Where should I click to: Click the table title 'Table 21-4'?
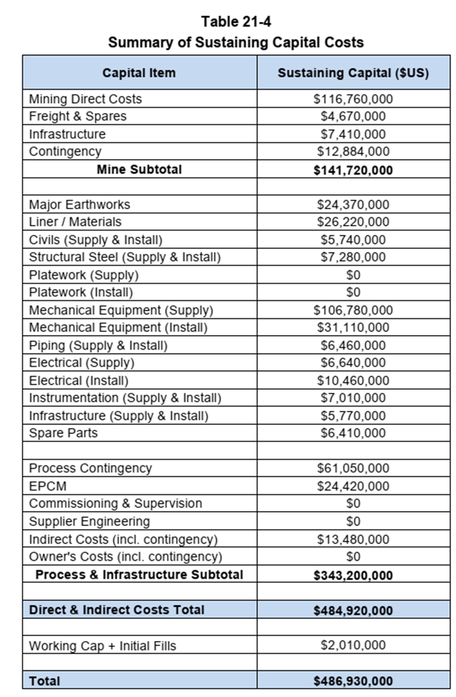[236, 22]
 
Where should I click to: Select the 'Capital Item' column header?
[139, 73]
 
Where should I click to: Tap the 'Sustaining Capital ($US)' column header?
[353, 73]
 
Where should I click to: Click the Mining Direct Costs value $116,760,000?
[353, 99]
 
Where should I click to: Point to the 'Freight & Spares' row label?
[78, 116]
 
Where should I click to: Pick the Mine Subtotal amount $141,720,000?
[353, 170]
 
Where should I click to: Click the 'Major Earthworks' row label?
[79, 204]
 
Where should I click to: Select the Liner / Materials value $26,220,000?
[353, 222]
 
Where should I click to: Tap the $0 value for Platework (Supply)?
[353, 275]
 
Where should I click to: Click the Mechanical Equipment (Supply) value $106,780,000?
[353, 310]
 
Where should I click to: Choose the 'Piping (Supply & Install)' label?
[98, 345]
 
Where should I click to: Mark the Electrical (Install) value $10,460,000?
[353, 381]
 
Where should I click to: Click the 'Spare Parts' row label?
[63, 433]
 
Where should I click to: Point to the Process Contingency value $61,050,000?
[353, 468]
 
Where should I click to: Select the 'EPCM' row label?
[48, 486]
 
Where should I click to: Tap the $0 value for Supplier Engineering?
[353, 521]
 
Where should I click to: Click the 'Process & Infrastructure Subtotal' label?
[139, 575]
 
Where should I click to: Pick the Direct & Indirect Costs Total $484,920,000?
[353, 611]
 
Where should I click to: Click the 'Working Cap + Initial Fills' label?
[103, 645]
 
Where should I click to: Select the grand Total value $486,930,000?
[353, 681]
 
